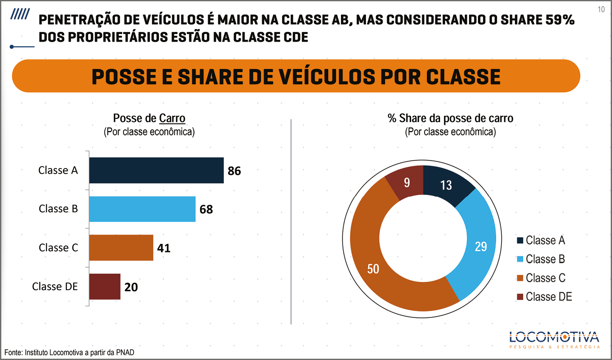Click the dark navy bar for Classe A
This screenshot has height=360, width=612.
[156, 170]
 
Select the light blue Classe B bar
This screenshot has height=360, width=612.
[142, 209]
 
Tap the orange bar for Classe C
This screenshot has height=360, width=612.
[121, 248]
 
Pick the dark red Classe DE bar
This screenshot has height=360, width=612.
[105, 286]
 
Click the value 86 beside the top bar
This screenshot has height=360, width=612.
[234, 171]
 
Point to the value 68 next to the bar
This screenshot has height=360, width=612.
[206, 209]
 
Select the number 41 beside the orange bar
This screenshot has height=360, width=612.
[164, 248]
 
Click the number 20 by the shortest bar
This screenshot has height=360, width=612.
[131, 287]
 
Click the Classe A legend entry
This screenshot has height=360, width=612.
[541, 240]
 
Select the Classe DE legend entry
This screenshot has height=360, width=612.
[544, 297]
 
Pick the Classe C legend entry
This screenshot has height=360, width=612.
[541, 278]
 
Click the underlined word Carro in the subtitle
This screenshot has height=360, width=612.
[172, 118]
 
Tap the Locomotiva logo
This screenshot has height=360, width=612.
[555, 340]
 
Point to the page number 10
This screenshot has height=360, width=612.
[601, 9]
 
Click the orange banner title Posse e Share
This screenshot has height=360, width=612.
[296, 77]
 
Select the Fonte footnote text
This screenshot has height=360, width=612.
[69, 352]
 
